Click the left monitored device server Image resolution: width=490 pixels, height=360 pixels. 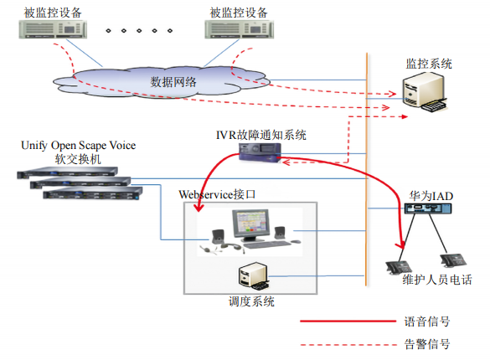[53, 29]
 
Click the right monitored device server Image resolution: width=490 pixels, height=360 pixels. [239, 29]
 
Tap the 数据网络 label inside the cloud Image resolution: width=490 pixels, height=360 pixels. [173, 82]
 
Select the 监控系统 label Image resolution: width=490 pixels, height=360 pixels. [429, 64]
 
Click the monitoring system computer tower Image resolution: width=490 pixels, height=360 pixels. [424, 90]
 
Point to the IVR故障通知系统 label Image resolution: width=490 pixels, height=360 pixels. [261, 135]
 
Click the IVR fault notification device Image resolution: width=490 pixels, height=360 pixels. [260, 152]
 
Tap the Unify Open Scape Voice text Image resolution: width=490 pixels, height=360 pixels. [79, 146]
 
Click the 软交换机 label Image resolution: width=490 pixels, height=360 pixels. [78, 159]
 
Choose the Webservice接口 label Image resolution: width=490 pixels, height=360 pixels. [217, 194]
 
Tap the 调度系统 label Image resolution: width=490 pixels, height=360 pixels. [251, 301]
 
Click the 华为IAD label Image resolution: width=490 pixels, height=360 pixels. [431, 196]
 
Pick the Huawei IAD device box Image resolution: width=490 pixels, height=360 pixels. [428, 208]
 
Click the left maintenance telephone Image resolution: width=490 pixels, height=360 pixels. [398, 268]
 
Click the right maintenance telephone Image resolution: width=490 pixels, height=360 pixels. [453, 260]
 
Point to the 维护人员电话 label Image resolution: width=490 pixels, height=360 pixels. [437, 280]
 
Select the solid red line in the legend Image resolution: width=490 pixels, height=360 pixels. [348, 321]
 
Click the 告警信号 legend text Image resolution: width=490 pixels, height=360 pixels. [427, 344]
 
